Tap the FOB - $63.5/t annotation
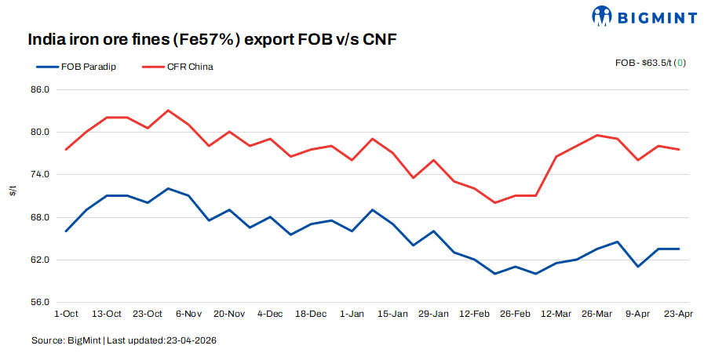(x=651, y=62)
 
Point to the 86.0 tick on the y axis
(x=40, y=89)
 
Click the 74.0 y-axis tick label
(x=40, y=174)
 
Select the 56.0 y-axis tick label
(x=40, y=302)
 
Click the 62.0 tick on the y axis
(x=40, y=260)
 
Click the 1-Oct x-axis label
(x=66, y=314)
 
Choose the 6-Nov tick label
(x=189, y=314)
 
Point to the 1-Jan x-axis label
(x=352, y=314)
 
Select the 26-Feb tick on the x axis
(x=515, y=314)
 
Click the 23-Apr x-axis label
(x=678, y=314)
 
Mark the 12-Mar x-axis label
(x=556, y=314)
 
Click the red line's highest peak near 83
(x=168, y=111)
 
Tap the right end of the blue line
(x=679, y=249)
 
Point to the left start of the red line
(x=66, y=149)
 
